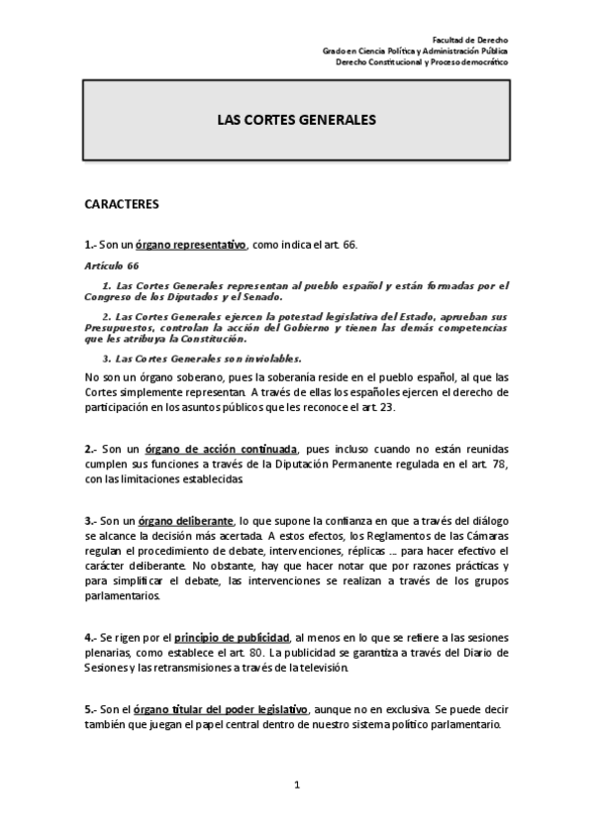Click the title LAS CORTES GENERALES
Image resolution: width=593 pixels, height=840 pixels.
click(x=296, y=118)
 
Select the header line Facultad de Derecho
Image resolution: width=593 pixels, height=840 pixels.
click(x=475, y=37)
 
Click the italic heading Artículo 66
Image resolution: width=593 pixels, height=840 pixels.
click(x=111, y=265)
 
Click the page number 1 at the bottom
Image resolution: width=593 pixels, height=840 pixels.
click(x=296, y=787)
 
